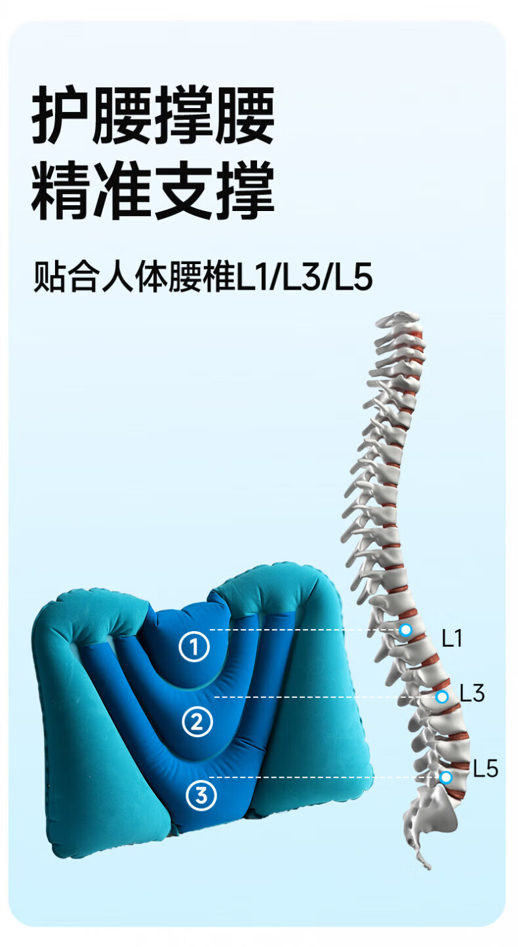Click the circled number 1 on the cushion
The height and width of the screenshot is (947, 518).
tap(194, 647)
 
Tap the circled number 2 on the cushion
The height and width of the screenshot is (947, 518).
tap(197, 722)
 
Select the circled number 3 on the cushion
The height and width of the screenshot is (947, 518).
tap(201, 795)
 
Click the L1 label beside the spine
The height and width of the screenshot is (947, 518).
tap(452, 638)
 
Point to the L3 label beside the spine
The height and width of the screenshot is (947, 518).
tap(471, 693)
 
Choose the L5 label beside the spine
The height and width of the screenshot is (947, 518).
tap(485, 769)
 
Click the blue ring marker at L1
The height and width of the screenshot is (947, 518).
tap(406, 630)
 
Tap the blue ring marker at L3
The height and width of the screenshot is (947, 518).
tap(442, 697)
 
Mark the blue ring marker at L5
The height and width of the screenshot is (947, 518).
tap(446, 777)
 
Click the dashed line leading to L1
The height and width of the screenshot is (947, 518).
tap(302, 630)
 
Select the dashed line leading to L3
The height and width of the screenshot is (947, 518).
tap(321, 697)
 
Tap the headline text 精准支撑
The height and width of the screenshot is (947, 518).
tap(153, 191)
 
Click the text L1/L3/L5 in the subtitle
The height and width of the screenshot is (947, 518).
tap(304, 278)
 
